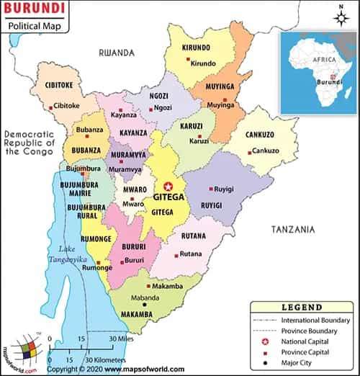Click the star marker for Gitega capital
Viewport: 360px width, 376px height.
click(x=169, y=186)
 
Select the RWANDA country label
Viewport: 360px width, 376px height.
click(x=117, y=53)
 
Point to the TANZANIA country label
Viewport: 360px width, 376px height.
click(x=292, y=229)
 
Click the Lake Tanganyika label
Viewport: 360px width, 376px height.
click(x=67, y=254)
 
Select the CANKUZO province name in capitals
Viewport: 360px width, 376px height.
click(x=260, y=135)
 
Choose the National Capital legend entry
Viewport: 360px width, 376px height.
click(x=305, y=341)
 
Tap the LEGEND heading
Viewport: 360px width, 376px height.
click(x=302, y=307)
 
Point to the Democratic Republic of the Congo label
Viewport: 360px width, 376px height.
click(x=29, y=143)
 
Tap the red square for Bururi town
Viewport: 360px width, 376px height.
click(x=122, y=261)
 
